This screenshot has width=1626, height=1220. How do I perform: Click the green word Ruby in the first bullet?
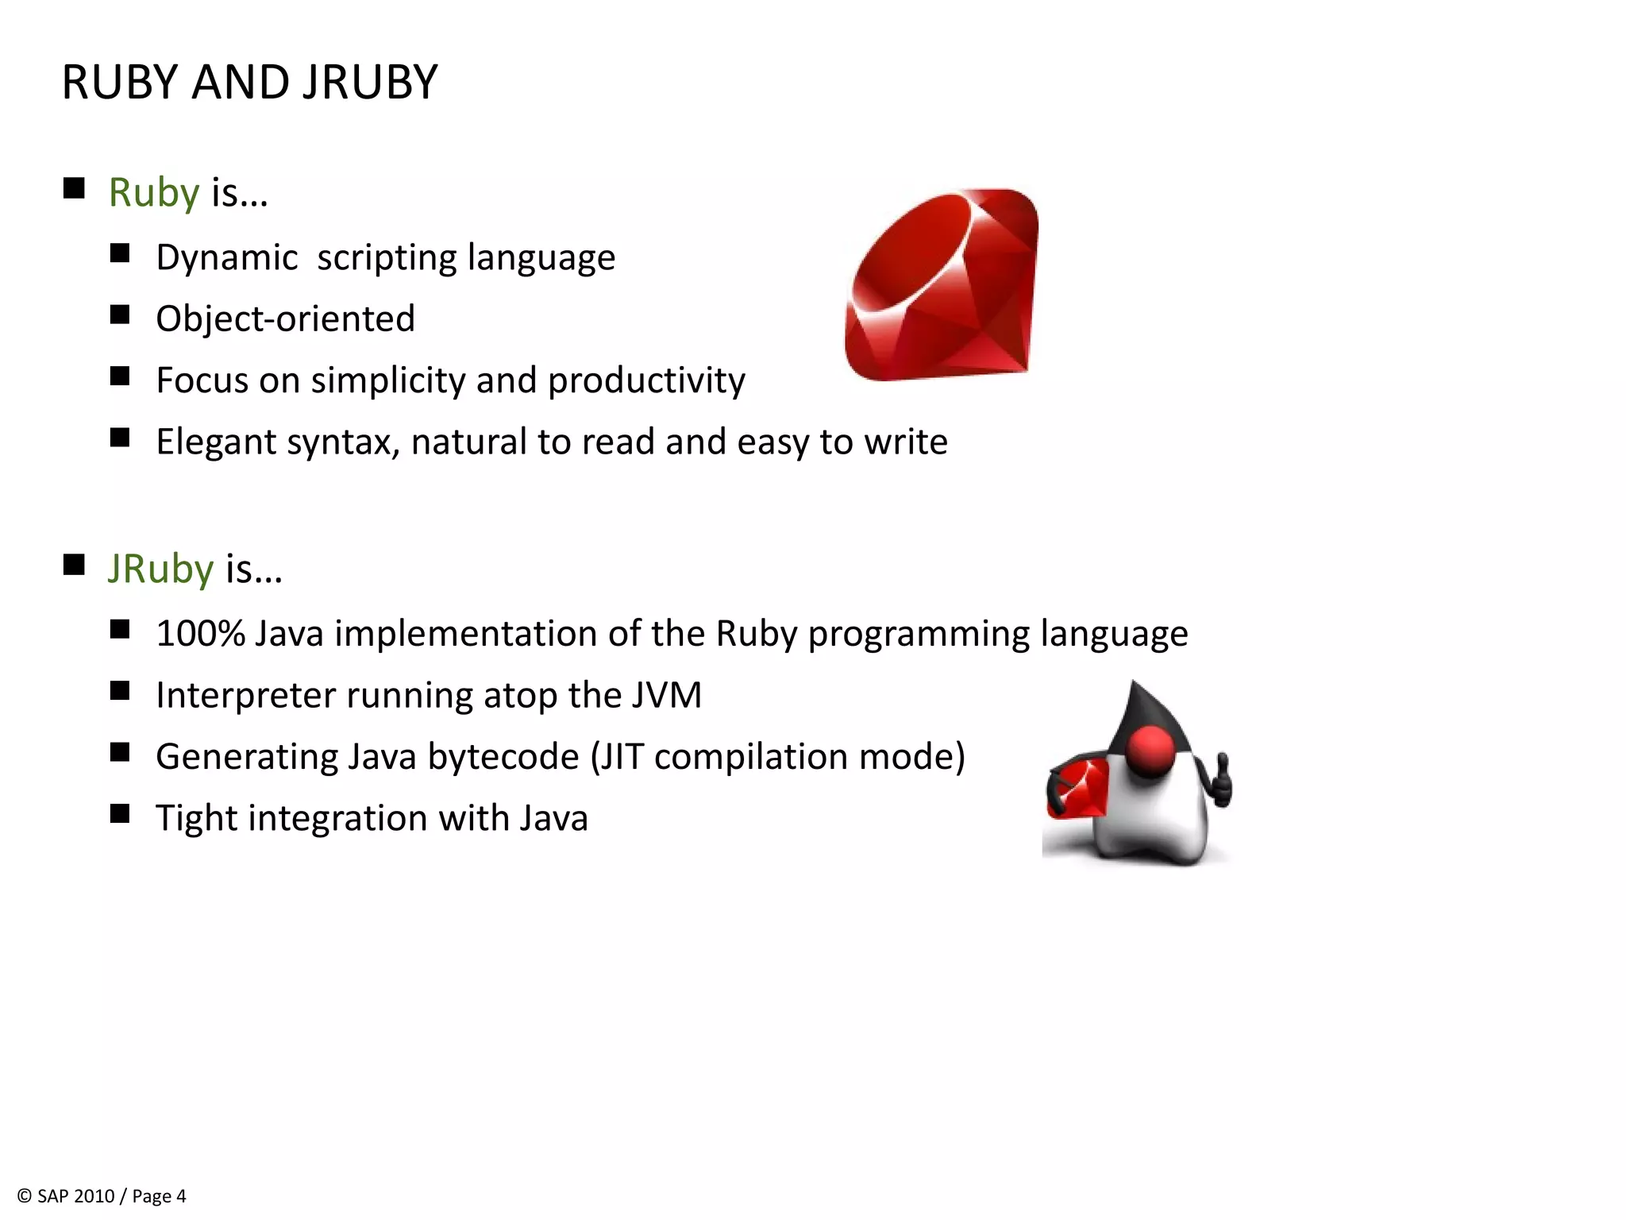(153, 193)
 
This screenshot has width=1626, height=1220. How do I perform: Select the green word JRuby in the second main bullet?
(160, 569)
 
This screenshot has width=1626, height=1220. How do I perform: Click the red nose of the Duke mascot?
(1150, 750)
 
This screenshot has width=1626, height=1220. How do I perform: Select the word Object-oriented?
(285, 319)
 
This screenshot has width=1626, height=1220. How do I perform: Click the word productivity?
(646, 380)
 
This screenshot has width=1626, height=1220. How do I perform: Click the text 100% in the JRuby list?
(200, 634)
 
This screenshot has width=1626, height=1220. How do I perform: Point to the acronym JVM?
(667, 695)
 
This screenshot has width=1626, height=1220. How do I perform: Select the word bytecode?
(503, 756)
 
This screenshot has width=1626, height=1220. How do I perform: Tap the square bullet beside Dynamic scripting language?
(120, 254)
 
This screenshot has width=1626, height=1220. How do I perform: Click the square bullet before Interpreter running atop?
(120, 691)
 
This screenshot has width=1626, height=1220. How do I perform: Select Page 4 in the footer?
(159, 1196)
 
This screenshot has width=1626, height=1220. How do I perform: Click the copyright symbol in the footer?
(25, 1196)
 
